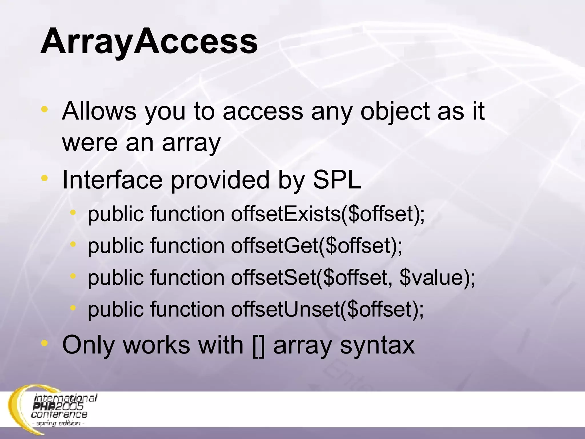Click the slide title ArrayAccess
click(x=149, y=42)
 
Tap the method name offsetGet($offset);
click(x=316, y=246)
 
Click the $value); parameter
click(x=437, y=278)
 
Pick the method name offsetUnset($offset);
click(x=327, y=310)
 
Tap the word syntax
click(x=377, y=345)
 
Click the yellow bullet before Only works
click(x=45, y=343)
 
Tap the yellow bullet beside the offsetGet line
click(x=73, y=244)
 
